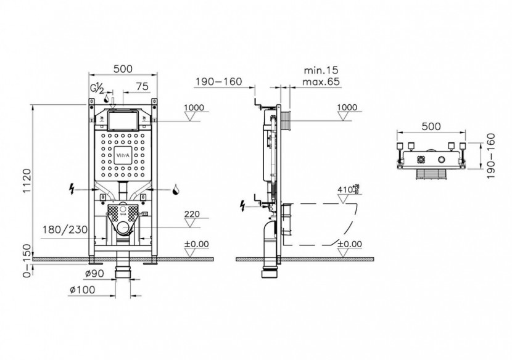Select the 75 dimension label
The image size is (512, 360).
[141, 86]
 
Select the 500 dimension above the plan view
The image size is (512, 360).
[431, 126]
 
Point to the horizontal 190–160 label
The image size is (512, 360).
[218, 81]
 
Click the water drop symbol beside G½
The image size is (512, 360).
[107, 97]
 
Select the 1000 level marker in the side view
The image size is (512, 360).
[347, 107]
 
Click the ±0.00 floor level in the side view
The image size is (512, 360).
[349, 243]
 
